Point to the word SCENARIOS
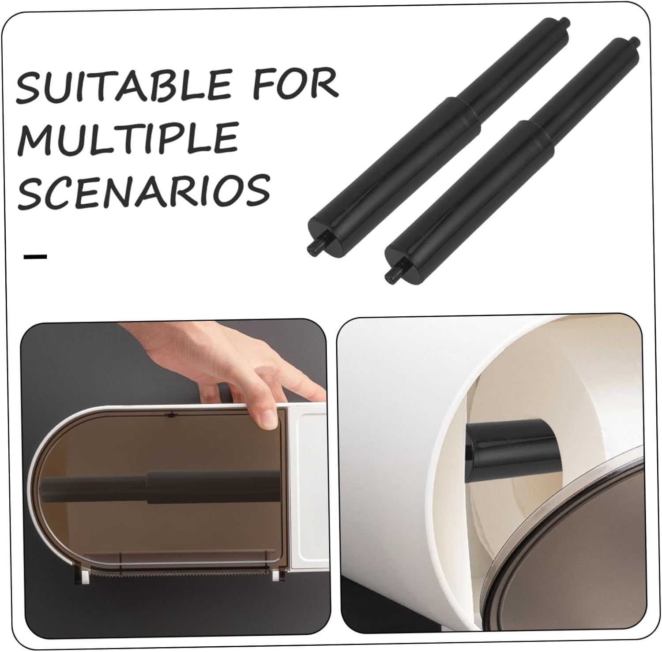pos(144,190)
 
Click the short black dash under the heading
pos(35,257)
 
